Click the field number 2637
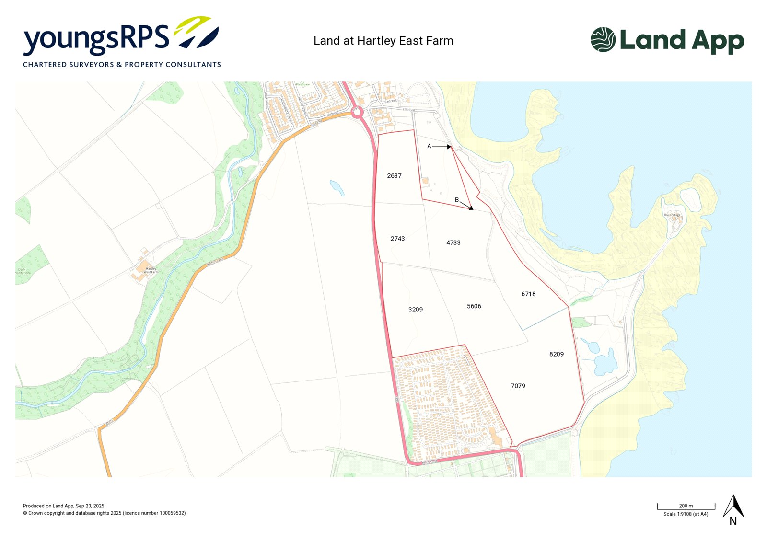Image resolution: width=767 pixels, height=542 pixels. click(x=394, y=176)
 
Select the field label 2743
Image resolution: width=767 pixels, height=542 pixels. click(x=397, y=239)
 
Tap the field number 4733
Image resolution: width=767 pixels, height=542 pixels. click(x=453, y=243)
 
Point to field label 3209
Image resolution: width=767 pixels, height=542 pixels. click(x=416, y=310)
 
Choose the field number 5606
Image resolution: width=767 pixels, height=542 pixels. click(x=474, y=306)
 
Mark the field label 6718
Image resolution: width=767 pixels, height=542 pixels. click(x=528, y=294)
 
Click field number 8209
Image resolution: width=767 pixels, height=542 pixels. click(x=556, y=354)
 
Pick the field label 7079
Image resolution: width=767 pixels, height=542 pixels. click(x=518, y=386)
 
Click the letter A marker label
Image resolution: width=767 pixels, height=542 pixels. click(x=429, y=146)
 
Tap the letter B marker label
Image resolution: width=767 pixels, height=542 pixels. click(x=457, y=200)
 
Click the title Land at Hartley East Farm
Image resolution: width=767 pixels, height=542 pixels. click(x=383, y=41)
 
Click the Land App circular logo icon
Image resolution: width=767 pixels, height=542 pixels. click(x=603, y=39)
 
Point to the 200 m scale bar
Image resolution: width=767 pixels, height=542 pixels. click(x=686, y=507)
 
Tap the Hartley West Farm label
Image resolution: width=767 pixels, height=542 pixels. click(x=151, y=270)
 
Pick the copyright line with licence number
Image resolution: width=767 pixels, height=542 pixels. click(x=104, y=513)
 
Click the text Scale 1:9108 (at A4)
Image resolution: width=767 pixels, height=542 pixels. click(x=686, y=514)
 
